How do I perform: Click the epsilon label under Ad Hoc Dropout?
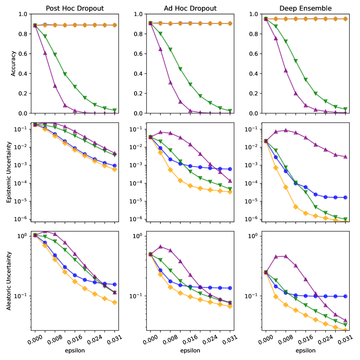click(190, 350)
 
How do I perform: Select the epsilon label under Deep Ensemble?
click(305, 350)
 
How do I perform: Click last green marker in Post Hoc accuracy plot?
click(115, 110)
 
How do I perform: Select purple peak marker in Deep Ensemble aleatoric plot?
click(285, 256)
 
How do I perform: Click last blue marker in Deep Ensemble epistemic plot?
click(345, 197)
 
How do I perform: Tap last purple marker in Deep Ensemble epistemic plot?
click(345, 157)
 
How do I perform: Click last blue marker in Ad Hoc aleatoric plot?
click(230, 288)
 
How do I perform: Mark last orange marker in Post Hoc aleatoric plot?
click(115, 302)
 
